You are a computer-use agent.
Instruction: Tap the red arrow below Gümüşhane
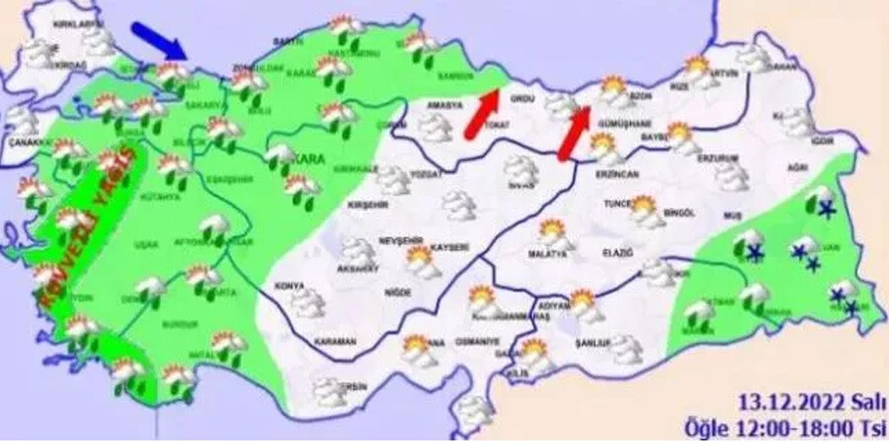[573, 133]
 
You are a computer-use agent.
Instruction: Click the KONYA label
[289, 287]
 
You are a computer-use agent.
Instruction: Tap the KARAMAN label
[336, 342]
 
